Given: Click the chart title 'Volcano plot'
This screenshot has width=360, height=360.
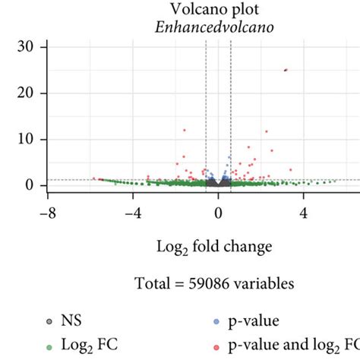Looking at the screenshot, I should [219, 10].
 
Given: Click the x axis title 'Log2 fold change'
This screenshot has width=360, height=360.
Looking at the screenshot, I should [219, 248].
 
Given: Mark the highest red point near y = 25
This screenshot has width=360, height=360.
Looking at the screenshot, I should [286, 70].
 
